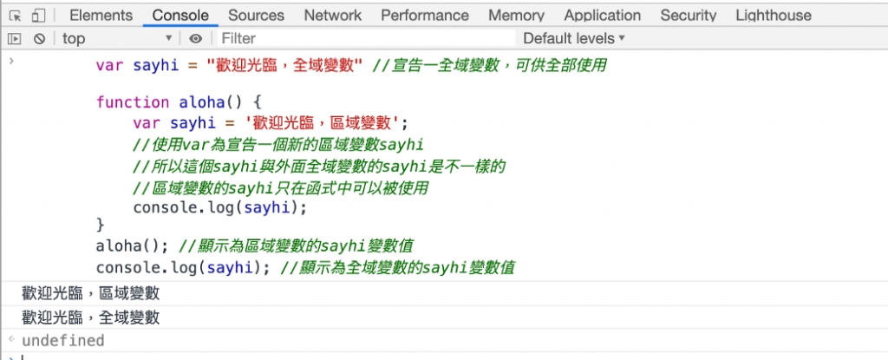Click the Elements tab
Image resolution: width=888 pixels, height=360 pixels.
click(x=101, y=16)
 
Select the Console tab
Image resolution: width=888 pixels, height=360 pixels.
click(x=180, y=16)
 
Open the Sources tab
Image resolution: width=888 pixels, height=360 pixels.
click(x=256, y=16)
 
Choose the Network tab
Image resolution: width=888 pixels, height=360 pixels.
click(x=332, y=16)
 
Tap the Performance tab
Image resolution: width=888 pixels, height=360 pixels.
click(x=425, y=16)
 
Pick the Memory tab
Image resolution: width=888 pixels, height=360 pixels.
click(x=517, y=16)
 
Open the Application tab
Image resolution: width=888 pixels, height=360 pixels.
click(x=603, y=16)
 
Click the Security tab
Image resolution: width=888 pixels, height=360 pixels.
click(x=688, y=16)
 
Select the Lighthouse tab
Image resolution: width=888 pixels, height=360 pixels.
click(x=774, y=16)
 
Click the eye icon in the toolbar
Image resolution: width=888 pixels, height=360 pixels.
click(x=195, y=38)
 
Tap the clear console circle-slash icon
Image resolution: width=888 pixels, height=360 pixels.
click(x=39, y=38)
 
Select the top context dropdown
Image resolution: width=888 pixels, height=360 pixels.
click(x=117, y=38)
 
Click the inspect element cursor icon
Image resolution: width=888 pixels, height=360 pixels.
click(x=16, y=16)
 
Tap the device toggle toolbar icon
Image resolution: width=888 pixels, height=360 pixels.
click(x=38, y=16)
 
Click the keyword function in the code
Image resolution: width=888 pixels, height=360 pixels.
click(x=133, y=102)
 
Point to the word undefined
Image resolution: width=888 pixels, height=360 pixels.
click(x=62, y=340)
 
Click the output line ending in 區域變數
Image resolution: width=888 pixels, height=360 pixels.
click(x=90, y=293)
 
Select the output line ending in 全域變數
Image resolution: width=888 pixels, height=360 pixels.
click(x=90, y=317)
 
